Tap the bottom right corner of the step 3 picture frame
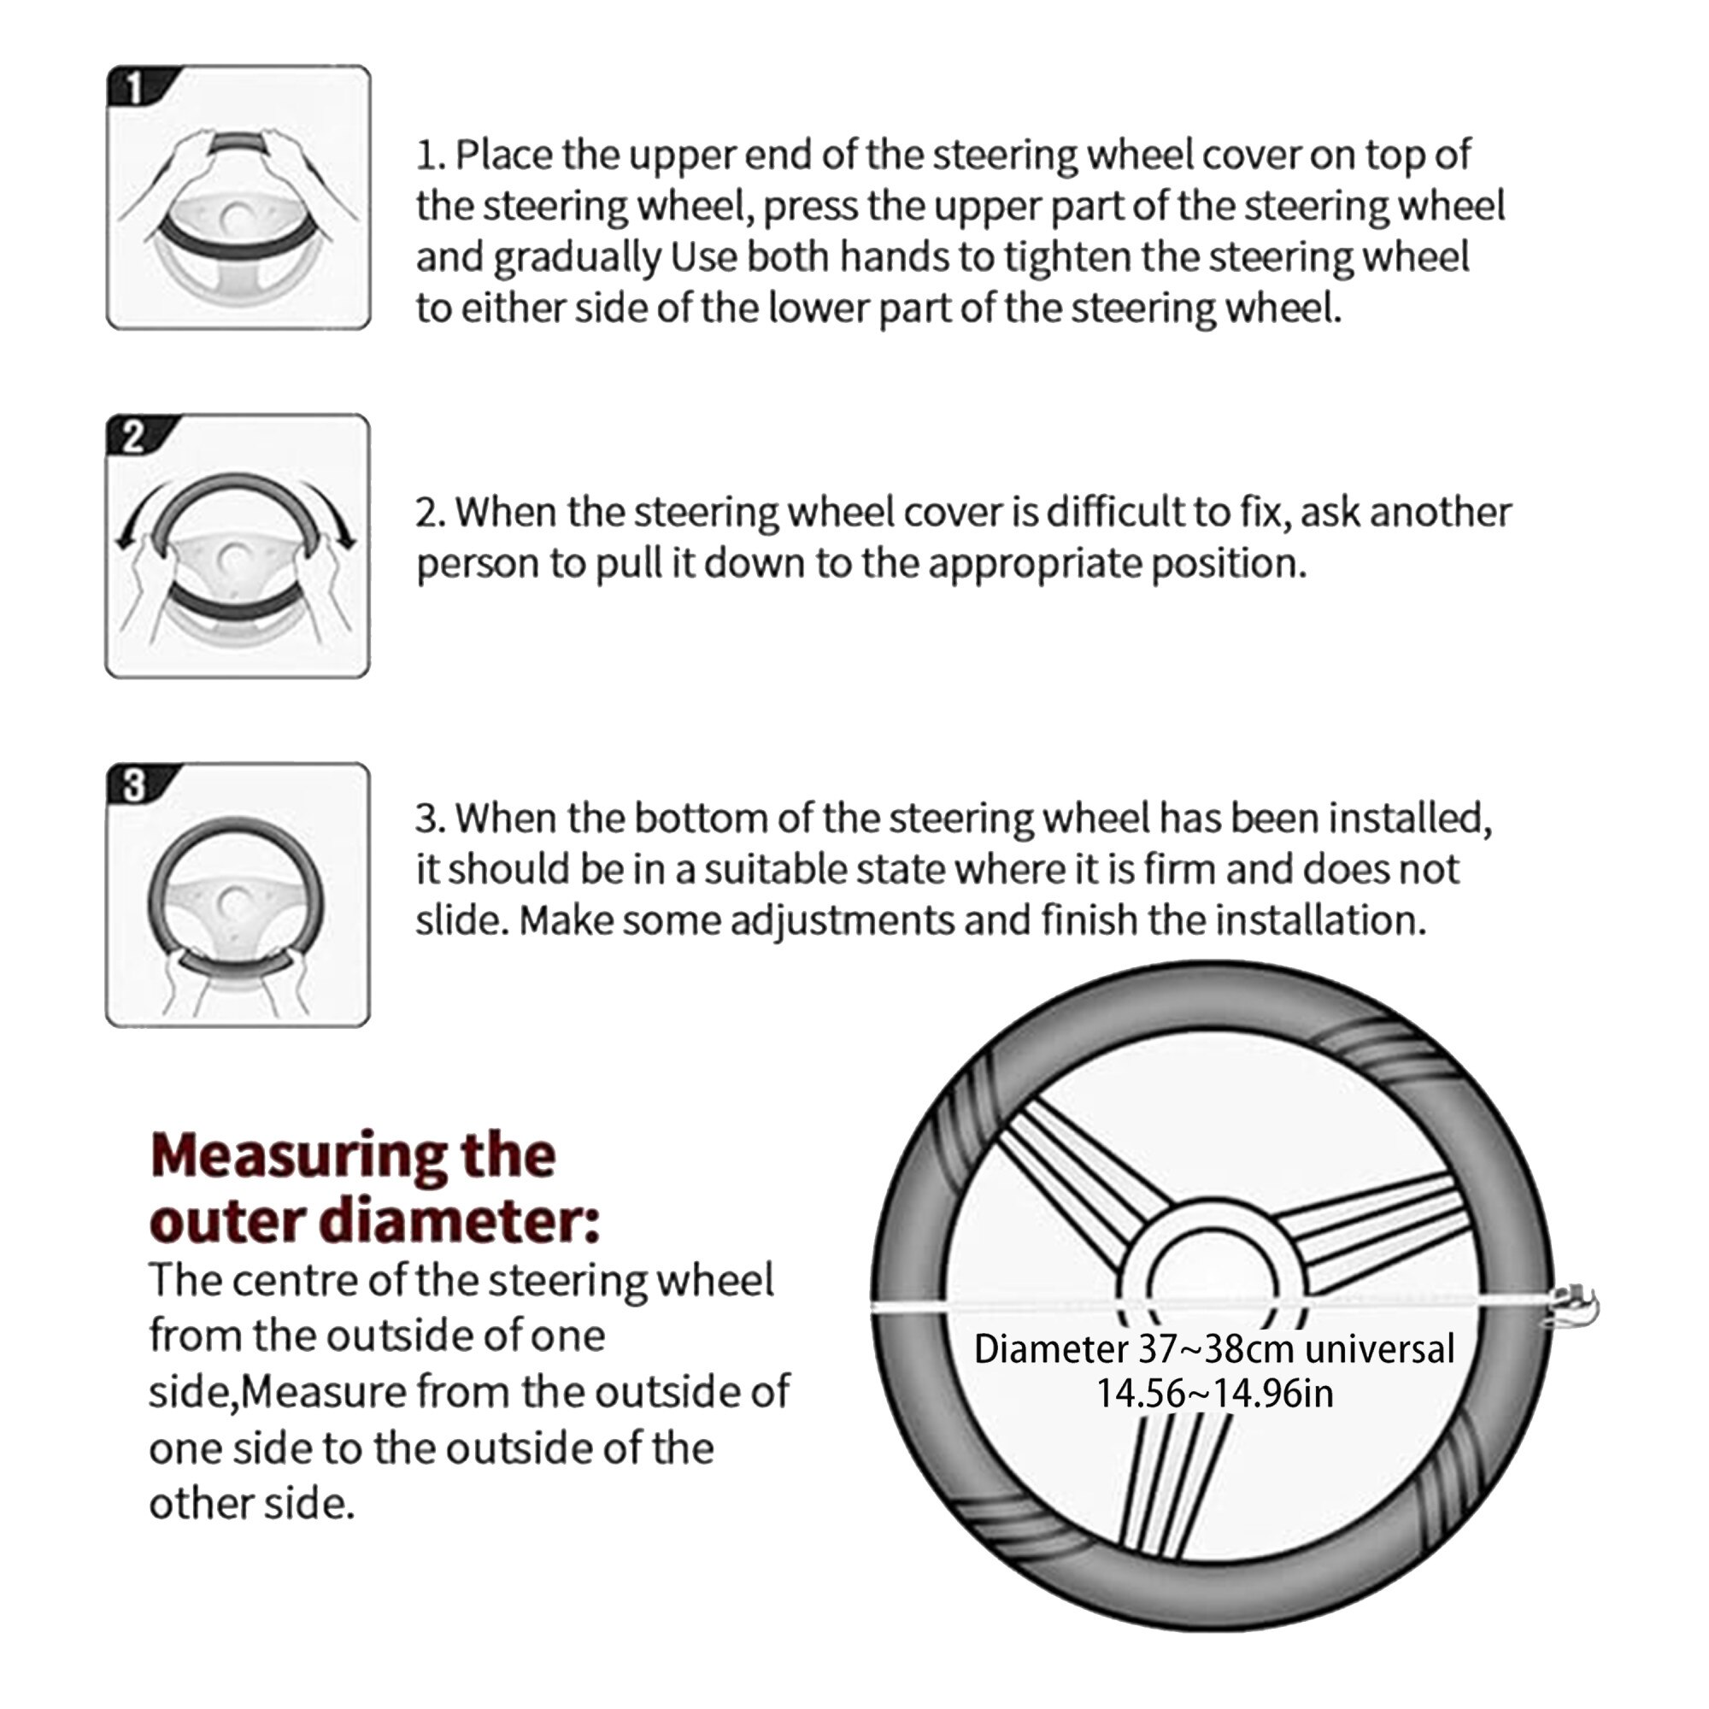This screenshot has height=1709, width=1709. click(x=370, y=1027)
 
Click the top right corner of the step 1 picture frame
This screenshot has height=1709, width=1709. click(x=370, y=67)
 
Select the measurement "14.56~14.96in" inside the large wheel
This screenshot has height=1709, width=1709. click(x=1214, y=1393)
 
